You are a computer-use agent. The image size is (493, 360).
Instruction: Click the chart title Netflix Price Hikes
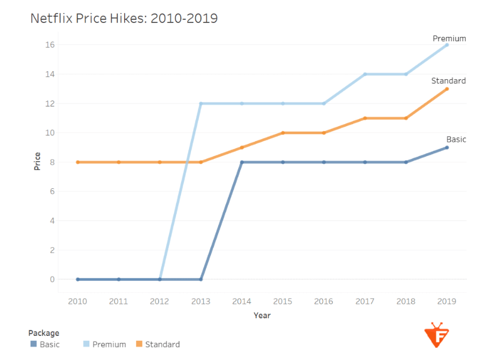point(124,18)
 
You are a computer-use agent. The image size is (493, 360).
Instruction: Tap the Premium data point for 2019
point(446,45)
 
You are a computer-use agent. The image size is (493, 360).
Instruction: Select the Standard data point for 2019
point(446,89)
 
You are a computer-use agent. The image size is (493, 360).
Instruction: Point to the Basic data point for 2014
point(242,162)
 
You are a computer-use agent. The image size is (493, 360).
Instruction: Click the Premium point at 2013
point(201,103)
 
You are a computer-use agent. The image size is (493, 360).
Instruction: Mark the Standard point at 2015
point(283,133)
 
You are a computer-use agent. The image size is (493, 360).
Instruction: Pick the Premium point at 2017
point(365,74)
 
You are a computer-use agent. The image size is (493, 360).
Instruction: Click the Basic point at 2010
point(78,279)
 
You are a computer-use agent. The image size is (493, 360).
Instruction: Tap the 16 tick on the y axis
point(50,45)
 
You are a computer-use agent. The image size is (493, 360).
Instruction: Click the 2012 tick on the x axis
point(160,302)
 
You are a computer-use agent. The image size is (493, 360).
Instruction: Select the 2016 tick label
point(324,302)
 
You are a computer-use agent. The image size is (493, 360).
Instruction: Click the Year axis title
point(262,316)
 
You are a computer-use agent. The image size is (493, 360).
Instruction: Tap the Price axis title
point(37,162)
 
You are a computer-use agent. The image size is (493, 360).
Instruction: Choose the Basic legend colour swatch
point(33,344)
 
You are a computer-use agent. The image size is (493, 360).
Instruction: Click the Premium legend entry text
point(109,344)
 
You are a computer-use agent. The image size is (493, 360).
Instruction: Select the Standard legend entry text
point(162,344)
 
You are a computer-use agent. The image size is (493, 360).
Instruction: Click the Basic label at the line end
point(456,140)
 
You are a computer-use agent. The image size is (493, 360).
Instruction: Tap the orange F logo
point(437,335)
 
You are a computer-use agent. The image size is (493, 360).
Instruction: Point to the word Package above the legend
point(44,333)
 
